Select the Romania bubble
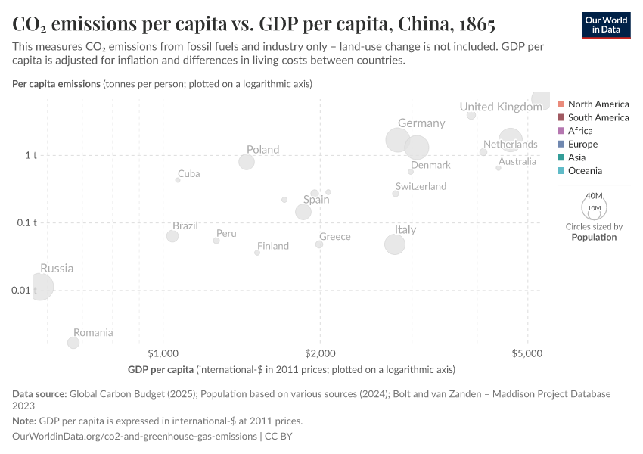tap(73, 343)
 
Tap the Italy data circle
tap(395, 244)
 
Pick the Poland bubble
tap(247, 162)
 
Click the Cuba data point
tap(178, 180)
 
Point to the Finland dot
tap(257, 253)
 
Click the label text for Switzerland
tap(421, 186)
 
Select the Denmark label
tap(430, 165)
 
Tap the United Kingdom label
tap(500, 107)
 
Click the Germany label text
tap(421, 123)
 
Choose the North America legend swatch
tap(561, 104)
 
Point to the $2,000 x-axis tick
tap(320, 353)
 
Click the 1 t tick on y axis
tap(31, 155)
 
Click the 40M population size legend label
tap(594, 195)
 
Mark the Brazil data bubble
tap(172, 236)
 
